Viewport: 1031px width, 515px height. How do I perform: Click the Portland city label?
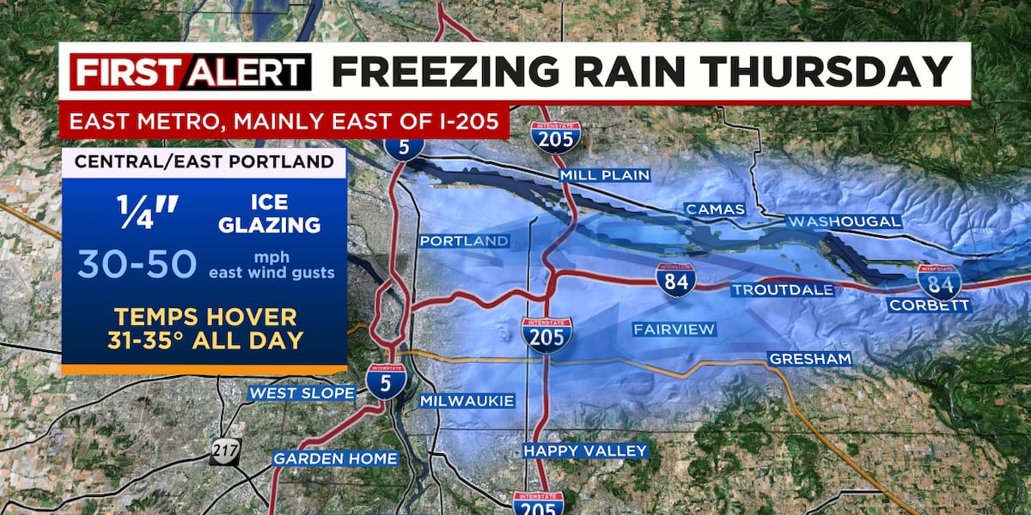coord(464,241)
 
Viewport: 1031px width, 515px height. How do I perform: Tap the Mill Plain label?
coord(604,175)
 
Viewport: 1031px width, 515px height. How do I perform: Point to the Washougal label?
coord(845,221)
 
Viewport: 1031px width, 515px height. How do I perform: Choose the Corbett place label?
coord(929,305)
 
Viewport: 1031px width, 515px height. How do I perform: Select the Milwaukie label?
coord(467,401)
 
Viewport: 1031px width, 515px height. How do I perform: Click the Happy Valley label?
coord(585,451)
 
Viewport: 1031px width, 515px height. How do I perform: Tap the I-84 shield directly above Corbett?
coord(938,281)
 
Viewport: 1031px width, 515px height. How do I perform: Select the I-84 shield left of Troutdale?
coord(675,280)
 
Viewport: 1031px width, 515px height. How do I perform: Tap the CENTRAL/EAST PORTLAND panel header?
coord(204,162)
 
